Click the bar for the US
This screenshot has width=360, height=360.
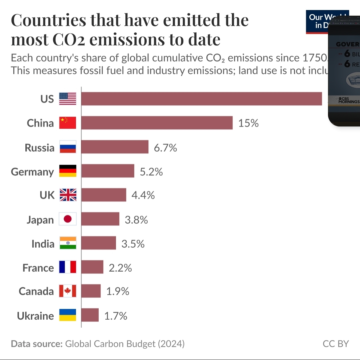point(201,99)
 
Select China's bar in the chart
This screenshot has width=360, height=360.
point(157,123)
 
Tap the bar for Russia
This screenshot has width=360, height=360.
point(115,147)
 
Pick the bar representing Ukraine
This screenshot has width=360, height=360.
point(90,315)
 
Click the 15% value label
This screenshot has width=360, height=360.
point(248,123)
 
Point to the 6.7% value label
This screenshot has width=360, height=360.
point(165,147)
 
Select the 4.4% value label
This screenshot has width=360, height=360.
point(143,195)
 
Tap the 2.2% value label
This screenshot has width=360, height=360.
point(120,268)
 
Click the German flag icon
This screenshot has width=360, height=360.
point(68,171)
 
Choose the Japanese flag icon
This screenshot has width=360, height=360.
point(68,219)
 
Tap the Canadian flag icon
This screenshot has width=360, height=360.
point(68,291)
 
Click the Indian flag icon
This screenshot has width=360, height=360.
point(68,243)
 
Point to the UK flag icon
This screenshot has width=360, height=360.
point(68,195)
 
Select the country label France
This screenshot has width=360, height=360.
point(38,268)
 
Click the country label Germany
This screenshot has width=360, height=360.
point(32,172)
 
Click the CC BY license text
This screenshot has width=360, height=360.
point(335,344)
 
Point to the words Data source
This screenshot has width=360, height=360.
point(37,344)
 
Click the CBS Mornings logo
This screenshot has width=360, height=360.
point(349,100)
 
